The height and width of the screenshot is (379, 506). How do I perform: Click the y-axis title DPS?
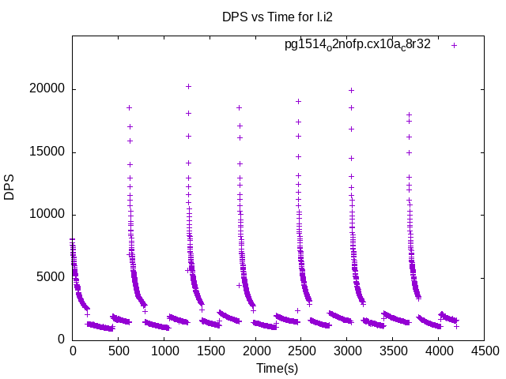[9, 188]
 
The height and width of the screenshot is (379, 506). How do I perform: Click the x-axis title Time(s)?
[278, 368]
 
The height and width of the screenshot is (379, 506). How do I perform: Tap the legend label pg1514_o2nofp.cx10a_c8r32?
[357, 45]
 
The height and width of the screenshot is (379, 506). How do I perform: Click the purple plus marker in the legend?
[454, 45]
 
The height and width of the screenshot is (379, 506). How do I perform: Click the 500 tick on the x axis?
[119, 351]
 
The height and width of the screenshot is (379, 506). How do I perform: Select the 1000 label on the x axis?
[164, 351]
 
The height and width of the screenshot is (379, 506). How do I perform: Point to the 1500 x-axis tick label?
[210, 351]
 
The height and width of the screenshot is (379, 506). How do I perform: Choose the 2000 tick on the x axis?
[255, 351]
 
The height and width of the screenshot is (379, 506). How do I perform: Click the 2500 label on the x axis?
[301, 351]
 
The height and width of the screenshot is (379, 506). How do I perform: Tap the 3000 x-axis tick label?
[347, 351]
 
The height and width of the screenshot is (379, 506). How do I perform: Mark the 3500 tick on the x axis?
[392, 351]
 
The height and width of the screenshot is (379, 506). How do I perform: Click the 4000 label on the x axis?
[438, 351]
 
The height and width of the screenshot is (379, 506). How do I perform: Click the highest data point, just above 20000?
[188, 86]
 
